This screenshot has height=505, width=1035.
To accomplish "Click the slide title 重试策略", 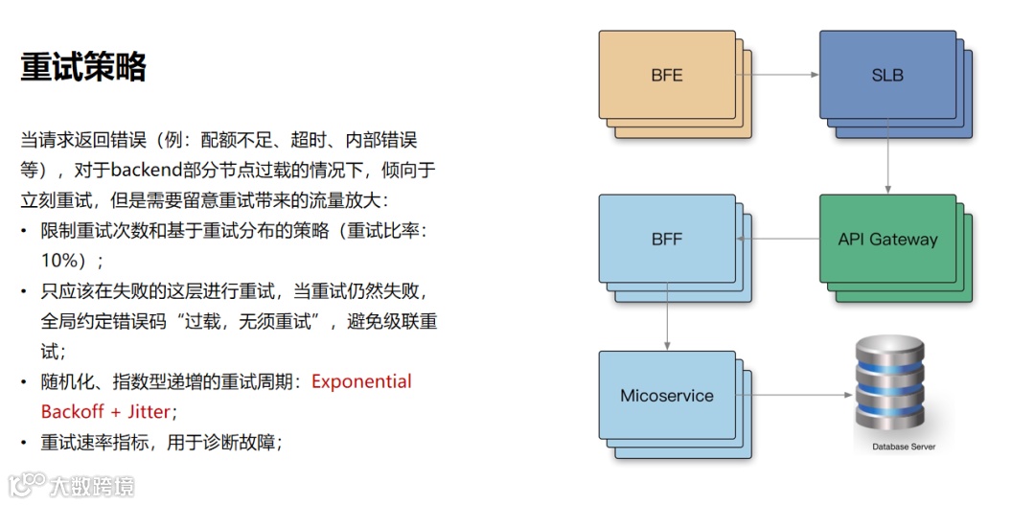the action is click(x=83, y=67).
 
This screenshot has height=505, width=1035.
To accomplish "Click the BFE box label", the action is click(x=667, y=75).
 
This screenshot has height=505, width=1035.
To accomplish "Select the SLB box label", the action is click(x=887, y=75).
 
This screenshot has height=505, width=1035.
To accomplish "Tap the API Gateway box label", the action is click(x=887, y=240).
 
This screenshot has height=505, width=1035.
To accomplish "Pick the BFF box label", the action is click(x=667, y=240).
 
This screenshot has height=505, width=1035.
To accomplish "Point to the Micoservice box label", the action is click(x=667, y=396).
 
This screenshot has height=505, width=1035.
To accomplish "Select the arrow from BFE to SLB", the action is click(x=781, y=75).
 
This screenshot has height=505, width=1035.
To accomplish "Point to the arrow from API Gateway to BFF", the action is click(x=780, y=240).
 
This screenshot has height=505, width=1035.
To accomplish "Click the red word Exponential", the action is click(x=361, y=381).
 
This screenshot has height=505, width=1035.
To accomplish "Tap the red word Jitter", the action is click(x=143, y=412).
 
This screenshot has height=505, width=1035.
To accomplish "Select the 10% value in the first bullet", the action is click(x=66, y=260).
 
